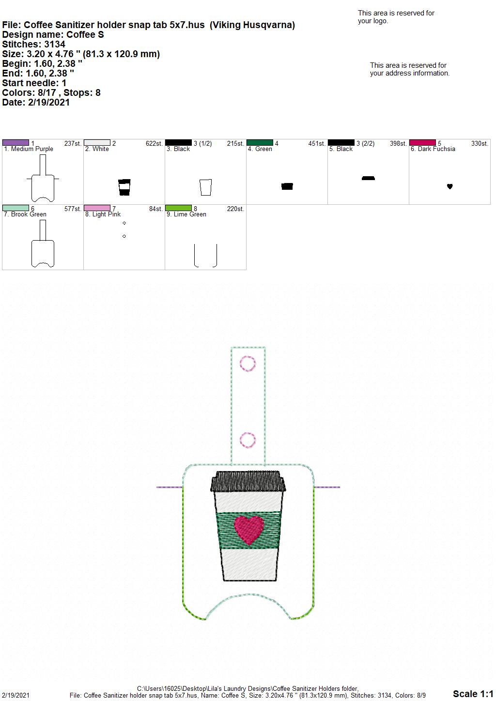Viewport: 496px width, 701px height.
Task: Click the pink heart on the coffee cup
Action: pos(249,530)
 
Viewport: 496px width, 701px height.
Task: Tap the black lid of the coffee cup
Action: pos(248,481)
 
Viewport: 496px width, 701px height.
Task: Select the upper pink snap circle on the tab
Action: pos(248,364)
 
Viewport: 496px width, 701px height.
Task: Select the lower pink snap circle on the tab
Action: pos(248,440)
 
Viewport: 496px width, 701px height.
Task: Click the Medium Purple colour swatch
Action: pos(15,143)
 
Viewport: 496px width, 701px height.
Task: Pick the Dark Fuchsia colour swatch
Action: pos(422,143)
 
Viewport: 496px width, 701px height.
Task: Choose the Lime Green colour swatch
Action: pos(178,208)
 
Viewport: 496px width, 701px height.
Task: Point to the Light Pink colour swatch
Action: pos(97,208)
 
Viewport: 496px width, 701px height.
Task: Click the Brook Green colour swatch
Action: pos(15,208)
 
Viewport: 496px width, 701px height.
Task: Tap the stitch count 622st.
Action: pos(154,143)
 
